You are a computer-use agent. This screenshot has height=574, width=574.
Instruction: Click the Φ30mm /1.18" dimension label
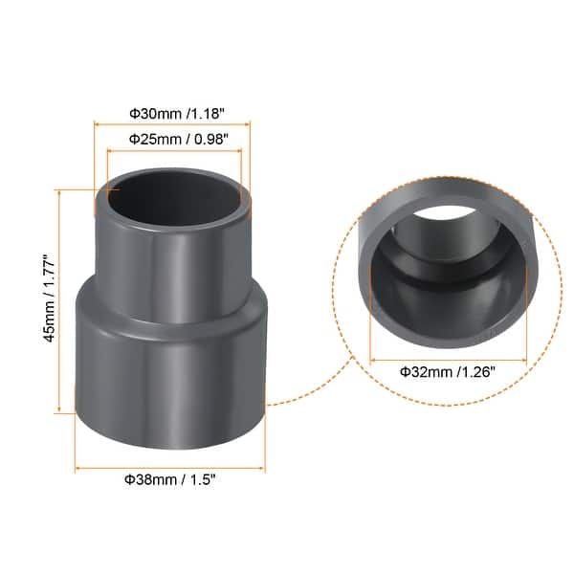point(172,111)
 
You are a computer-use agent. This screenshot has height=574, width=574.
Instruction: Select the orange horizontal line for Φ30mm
point(172,123)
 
